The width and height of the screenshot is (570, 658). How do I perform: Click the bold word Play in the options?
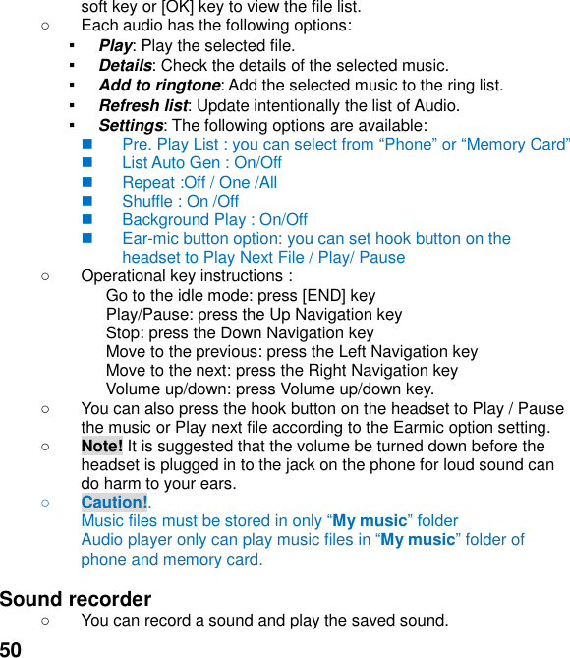115,45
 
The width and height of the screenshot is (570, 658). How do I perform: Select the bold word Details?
125,66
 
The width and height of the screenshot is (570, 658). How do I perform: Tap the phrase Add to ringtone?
159,86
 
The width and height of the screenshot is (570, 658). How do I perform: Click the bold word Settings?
131,125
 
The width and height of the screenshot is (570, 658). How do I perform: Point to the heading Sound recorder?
76,599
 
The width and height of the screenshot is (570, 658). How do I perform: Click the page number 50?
11,648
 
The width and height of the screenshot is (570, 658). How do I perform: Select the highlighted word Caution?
114,503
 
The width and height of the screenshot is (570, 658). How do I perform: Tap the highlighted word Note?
102,446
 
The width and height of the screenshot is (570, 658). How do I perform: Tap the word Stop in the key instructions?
124,332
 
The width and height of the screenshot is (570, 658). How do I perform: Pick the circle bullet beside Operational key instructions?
46,276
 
